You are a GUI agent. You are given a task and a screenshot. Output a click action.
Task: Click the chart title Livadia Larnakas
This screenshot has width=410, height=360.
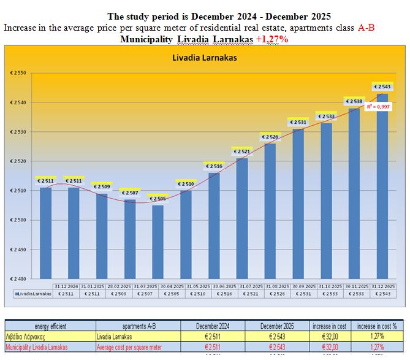pos(205,58)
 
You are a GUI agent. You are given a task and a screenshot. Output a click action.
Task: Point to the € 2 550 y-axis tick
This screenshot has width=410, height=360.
pos(18,73)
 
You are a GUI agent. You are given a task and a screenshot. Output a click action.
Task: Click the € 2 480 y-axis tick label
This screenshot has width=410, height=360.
pos(18,279)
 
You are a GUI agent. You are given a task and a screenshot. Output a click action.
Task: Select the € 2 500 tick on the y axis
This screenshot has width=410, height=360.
pos(18,220)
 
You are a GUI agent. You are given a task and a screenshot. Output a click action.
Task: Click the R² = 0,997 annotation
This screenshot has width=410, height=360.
pos(378,107)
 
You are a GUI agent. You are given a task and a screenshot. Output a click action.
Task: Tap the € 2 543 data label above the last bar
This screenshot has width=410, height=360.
pos(381,87)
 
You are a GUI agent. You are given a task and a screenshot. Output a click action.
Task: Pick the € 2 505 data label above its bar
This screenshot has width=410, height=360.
pos(158,199)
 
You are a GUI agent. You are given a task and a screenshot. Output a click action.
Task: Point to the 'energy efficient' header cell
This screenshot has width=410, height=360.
pos(50,325)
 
